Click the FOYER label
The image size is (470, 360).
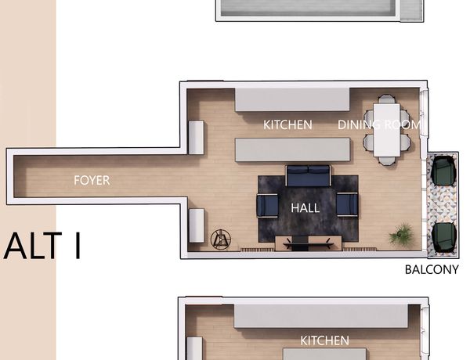click(92, 180)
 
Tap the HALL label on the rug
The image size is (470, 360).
click(305, 208)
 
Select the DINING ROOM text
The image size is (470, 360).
click(379, 124)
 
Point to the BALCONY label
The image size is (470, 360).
click(432, 269)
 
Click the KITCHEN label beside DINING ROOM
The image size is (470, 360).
click(287, 124)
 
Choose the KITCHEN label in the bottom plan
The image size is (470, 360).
click(324, 340)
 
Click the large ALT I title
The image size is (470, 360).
click(42, 247)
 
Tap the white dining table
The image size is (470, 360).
click(387, 130)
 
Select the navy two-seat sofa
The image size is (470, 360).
click(308, 175)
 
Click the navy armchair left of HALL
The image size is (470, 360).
click(267, 206)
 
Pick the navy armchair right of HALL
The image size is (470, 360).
click(347, 204)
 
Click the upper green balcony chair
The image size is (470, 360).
click(445, 171)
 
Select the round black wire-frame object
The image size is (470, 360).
click(221, 239)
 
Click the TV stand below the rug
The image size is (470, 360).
click(309, 243)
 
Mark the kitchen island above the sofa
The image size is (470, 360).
click(292, 149)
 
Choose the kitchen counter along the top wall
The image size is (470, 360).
click(292, 99)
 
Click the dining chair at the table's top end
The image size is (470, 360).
click(387, 99)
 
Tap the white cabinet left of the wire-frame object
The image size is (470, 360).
click(197, 225)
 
